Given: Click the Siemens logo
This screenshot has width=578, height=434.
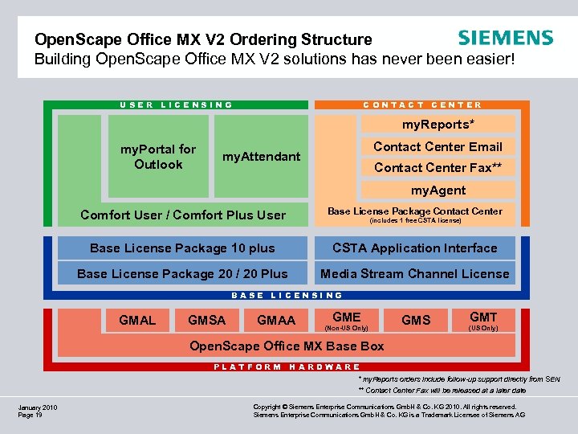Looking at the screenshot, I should (505, 38).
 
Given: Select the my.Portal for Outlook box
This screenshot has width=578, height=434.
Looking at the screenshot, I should (157, 157).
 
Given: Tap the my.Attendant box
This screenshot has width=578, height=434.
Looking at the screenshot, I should (261, 157).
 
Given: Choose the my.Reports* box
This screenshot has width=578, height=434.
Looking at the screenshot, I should (438, 124).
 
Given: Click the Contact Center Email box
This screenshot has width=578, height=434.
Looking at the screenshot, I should (438, 146).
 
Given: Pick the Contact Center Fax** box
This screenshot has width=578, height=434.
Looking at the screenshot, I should (438, 167).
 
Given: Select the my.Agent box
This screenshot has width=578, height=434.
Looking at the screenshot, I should (438, 190).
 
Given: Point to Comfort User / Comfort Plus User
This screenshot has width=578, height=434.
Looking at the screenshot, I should (182, 215).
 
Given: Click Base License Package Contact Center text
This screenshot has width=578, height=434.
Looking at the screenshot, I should (414, 211).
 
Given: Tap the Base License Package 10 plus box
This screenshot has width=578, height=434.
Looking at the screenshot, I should (182, 248).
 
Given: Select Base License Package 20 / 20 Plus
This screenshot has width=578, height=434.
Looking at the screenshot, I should (182, 274).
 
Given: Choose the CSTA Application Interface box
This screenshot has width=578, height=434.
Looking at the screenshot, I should (414, 248).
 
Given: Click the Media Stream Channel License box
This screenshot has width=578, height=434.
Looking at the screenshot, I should (414, 274).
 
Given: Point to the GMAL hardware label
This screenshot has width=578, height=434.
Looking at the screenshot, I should (137, 320).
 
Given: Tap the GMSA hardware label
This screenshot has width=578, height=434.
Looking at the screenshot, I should (206, 320).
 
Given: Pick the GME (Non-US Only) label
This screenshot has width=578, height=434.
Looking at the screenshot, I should (347, 321).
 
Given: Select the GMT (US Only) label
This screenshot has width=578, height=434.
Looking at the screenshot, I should (483, 321).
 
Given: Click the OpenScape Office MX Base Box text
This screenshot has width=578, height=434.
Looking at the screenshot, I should (286, 346).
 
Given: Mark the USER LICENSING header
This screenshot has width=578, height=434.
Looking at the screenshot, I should (176, 104).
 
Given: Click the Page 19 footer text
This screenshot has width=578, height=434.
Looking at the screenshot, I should (31, 416).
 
